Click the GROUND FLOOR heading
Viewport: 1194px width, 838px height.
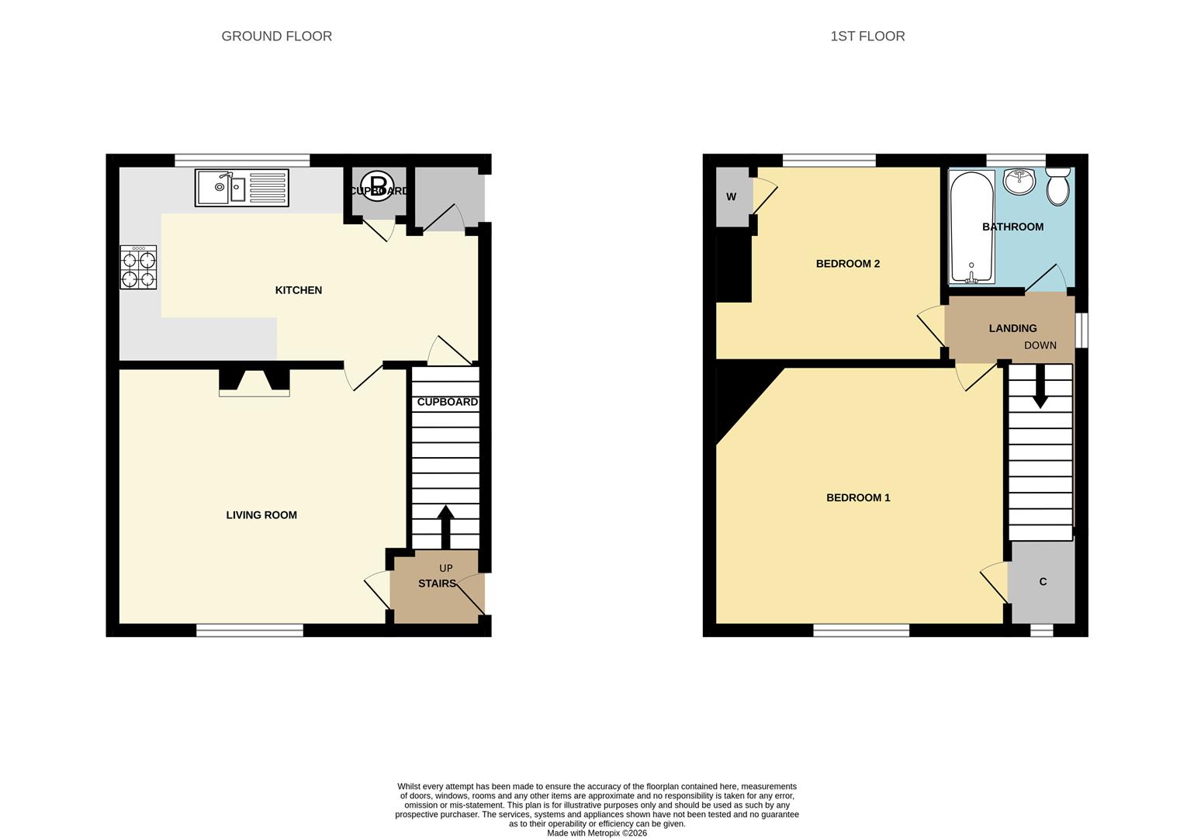coord(276,36)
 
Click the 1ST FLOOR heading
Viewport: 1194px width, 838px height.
coord(867,36)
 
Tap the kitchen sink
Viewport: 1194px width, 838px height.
coord(241,188)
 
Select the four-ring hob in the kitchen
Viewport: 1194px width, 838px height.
coord(138,268)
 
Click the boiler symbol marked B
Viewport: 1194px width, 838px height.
coord(378,186)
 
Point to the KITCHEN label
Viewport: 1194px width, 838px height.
coord(298,290)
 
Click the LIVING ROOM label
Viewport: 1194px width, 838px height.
coord(261,515)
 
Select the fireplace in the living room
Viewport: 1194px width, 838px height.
coord(254,382)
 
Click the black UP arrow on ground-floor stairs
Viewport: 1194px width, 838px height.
coord(445,527)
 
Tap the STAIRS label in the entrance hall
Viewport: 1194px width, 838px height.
coord(437,583)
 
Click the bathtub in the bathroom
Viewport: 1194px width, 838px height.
coord(971,227)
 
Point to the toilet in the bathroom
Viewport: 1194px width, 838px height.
coord(1058,187)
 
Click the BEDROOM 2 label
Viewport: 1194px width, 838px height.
coord(847,264)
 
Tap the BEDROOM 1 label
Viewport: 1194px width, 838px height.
coord(858,498)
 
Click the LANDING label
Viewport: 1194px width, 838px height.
coord(1012,328)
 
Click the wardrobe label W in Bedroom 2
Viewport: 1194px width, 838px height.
coord(731,197)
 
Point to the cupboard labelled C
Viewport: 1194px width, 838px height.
coord(1043,582)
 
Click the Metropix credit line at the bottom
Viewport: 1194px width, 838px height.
coord(597,833)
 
